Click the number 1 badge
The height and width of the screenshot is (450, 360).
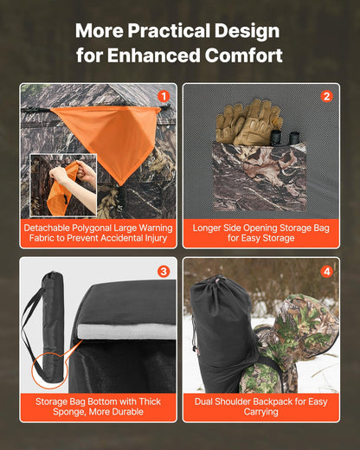pos(164,96)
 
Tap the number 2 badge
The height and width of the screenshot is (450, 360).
pos(326,96)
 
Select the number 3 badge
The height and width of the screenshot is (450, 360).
pos(164,271)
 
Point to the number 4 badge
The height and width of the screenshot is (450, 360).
pos(326,271)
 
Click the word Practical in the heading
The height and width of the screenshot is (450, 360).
pos(168,31)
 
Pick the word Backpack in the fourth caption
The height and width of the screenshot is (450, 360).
pos(275,402)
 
